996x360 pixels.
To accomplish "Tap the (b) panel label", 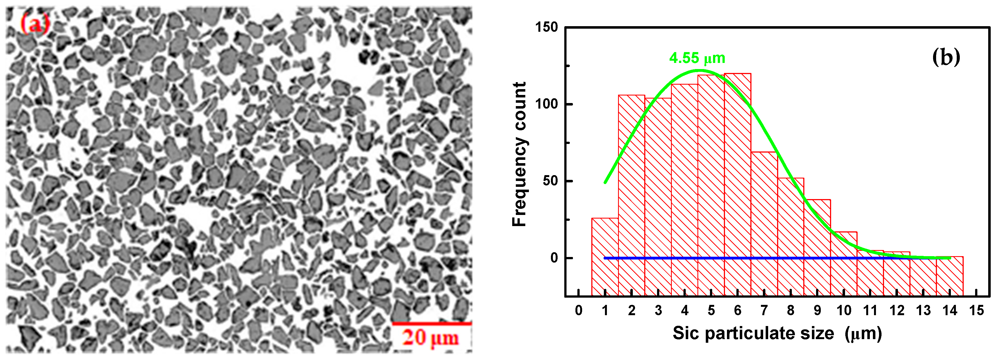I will [946, 57].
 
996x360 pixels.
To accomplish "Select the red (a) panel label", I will [35, 24].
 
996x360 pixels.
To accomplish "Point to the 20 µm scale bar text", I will [430, 337].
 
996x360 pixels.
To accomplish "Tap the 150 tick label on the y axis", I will [546, 28].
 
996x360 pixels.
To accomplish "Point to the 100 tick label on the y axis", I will [546, 104].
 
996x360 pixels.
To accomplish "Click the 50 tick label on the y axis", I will [550, 181].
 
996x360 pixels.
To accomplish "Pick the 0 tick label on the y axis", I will [554, 258].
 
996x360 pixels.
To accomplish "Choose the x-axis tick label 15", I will [976, 310].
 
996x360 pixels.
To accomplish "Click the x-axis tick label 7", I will [764, 310].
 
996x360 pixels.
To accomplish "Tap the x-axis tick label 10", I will [844, 310].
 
